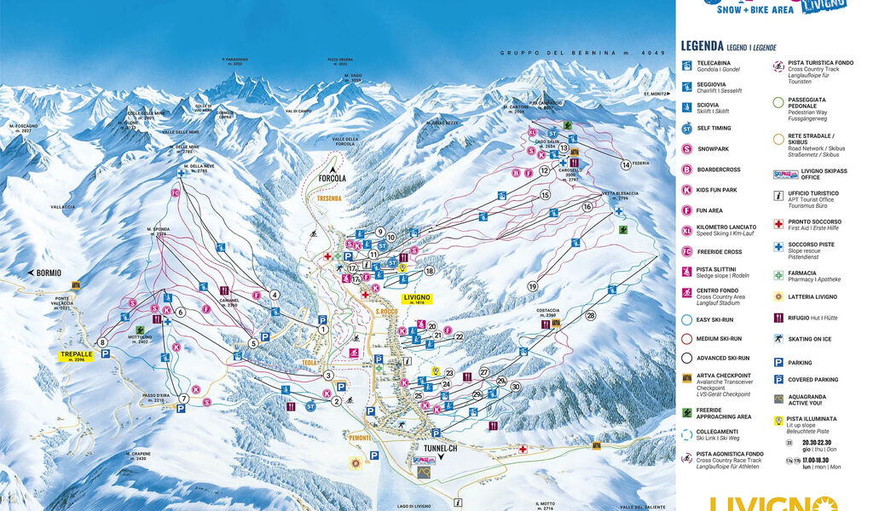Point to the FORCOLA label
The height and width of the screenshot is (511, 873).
(x=332, y=179)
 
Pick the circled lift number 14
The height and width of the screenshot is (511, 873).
(x=625, y=164)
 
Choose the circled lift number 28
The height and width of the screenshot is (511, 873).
(x=590, y=316)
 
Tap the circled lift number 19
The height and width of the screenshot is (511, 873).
(x=533, y=286)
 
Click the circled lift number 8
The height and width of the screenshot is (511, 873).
(x=103, y=342)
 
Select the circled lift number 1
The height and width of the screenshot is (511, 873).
(x=323, y=329)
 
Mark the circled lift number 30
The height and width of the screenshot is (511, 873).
(x=515, y=387)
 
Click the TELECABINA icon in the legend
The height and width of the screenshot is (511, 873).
(x=687, y=66)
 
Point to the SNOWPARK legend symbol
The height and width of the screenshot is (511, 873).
(x=687, y=148)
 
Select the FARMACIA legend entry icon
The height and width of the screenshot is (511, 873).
(x=778, y=275)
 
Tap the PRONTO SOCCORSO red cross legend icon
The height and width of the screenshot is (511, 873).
(x=778, y=224)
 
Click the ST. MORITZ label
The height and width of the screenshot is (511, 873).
(x=658, y=93)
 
